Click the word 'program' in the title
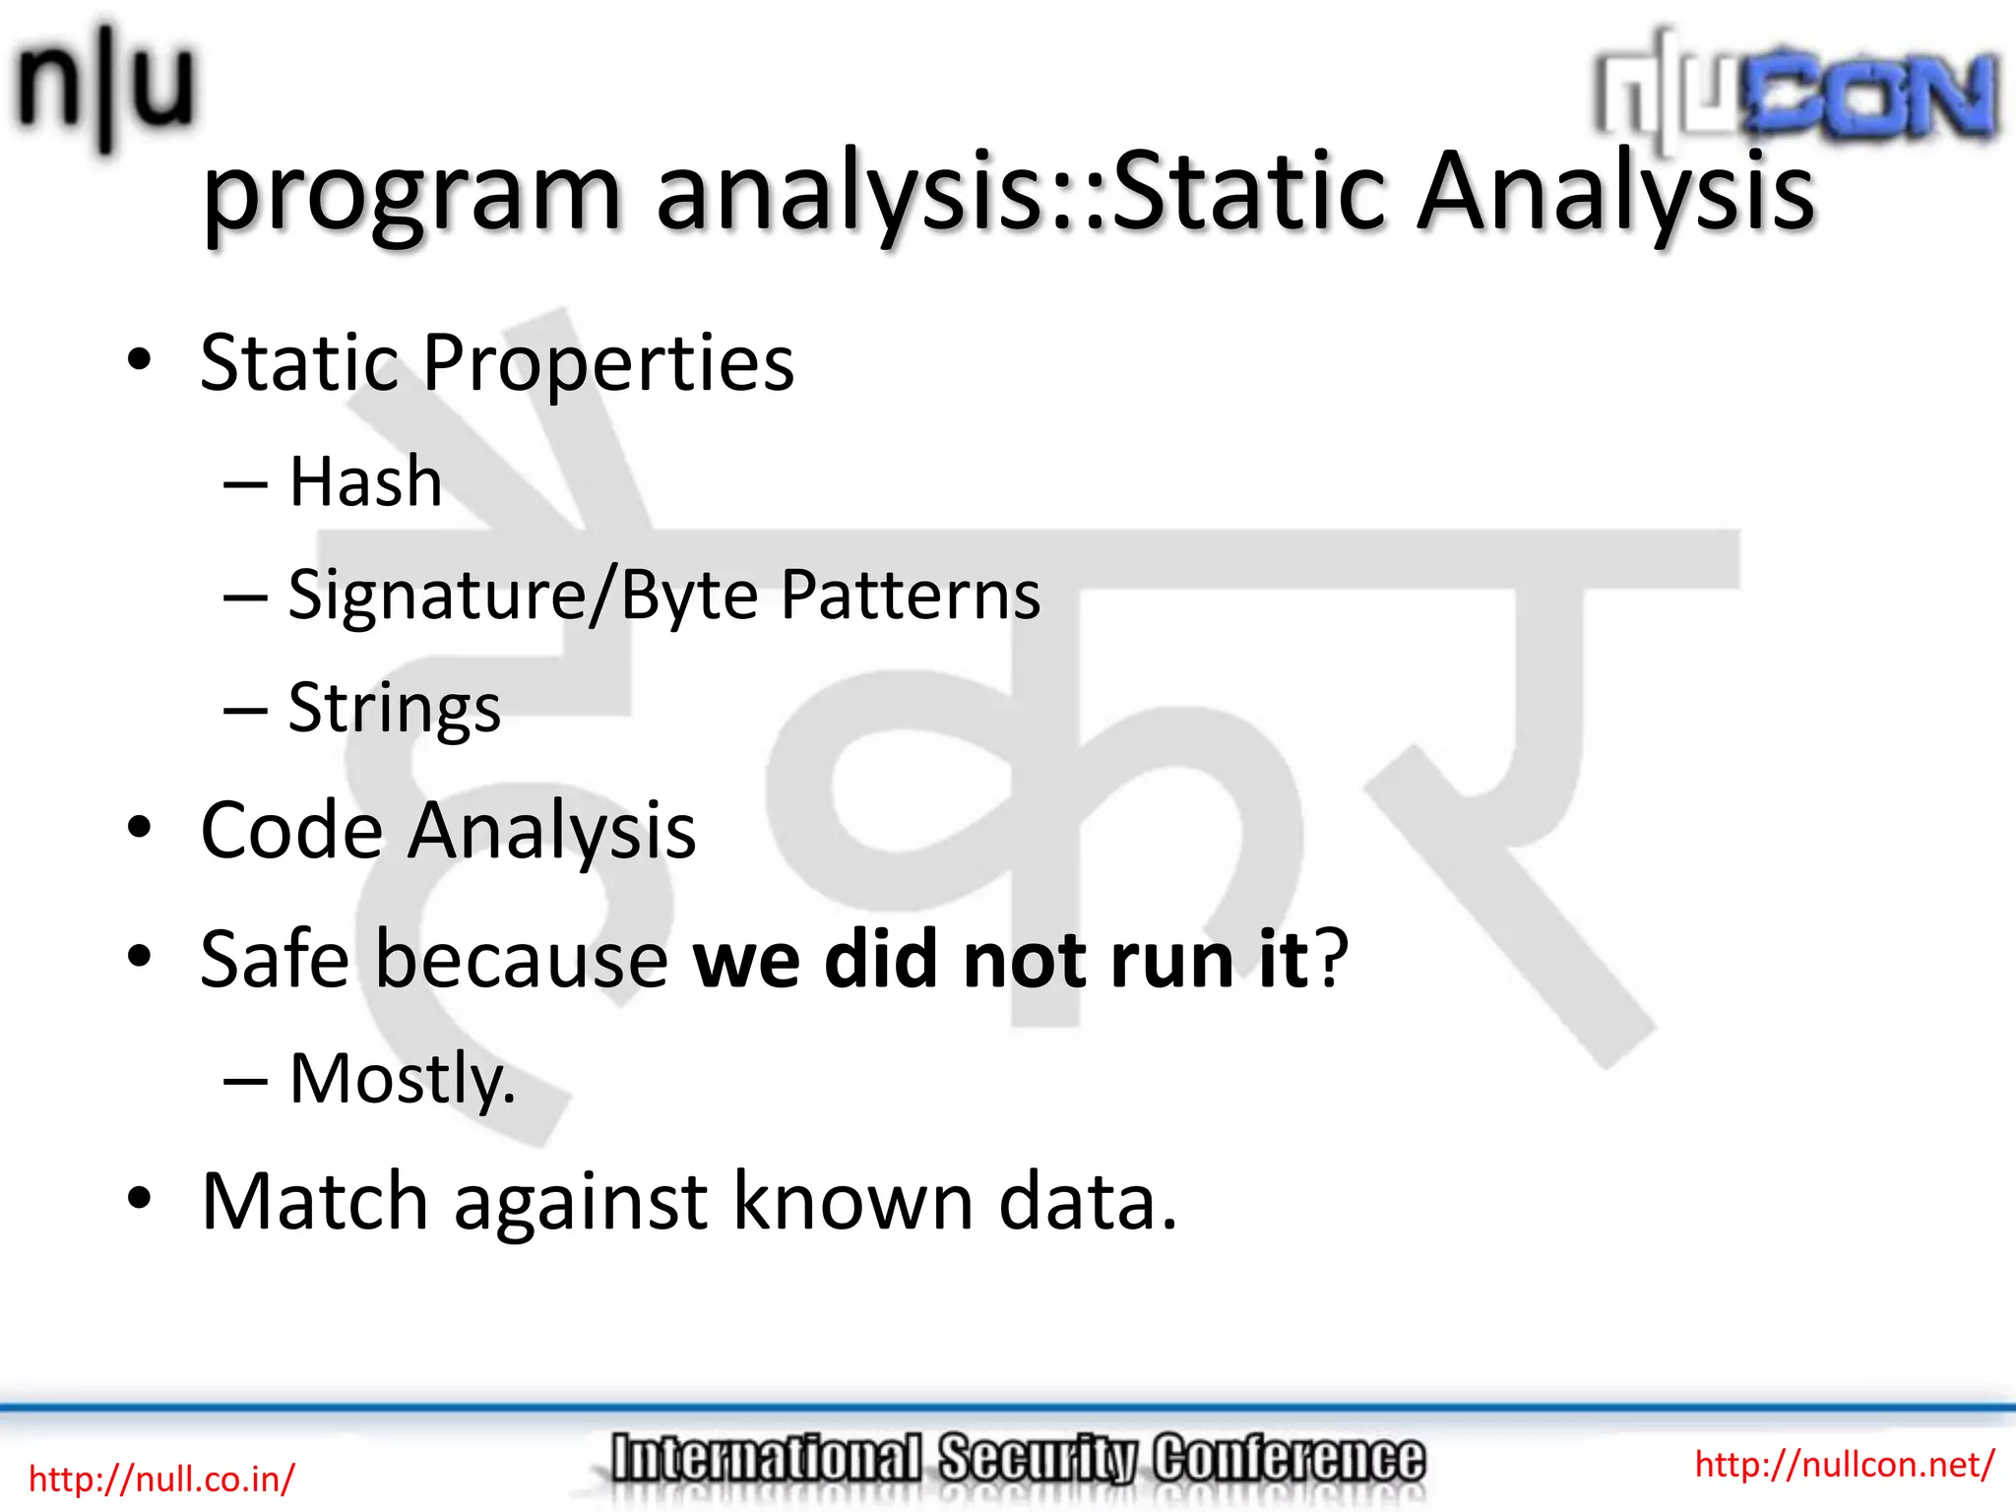411,194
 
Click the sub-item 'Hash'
365,482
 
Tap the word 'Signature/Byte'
523,597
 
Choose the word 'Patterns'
910,597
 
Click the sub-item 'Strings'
394,709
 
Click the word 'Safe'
274,960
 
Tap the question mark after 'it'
1333,960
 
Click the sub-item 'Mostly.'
402,1080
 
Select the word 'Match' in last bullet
314,1201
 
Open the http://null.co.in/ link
161,1479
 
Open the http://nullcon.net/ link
1844,1464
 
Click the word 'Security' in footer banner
1037,1458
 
